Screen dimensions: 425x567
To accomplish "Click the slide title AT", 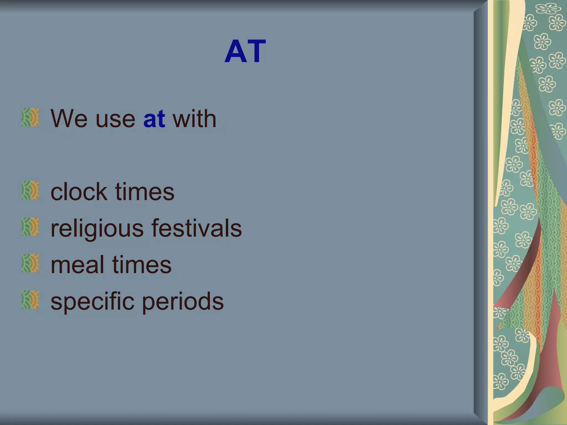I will point(245,51).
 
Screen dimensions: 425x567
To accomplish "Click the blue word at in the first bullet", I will point(154,119).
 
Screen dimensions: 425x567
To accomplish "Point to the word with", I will point(194,119).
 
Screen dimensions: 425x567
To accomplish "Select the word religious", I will point(97,229).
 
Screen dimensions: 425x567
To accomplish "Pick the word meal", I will point(77,265).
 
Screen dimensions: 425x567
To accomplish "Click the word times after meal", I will point(142,265).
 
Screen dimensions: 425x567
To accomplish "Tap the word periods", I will point(183,302).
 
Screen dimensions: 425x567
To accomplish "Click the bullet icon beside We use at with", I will point(30,117).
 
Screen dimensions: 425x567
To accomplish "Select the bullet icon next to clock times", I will point(30,190).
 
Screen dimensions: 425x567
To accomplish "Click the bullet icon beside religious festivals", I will point(30,227).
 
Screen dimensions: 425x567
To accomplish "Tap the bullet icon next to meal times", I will point(30,263).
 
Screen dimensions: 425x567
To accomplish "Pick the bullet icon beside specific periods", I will point(30,300).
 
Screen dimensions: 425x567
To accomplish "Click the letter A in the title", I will point(235,51).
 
